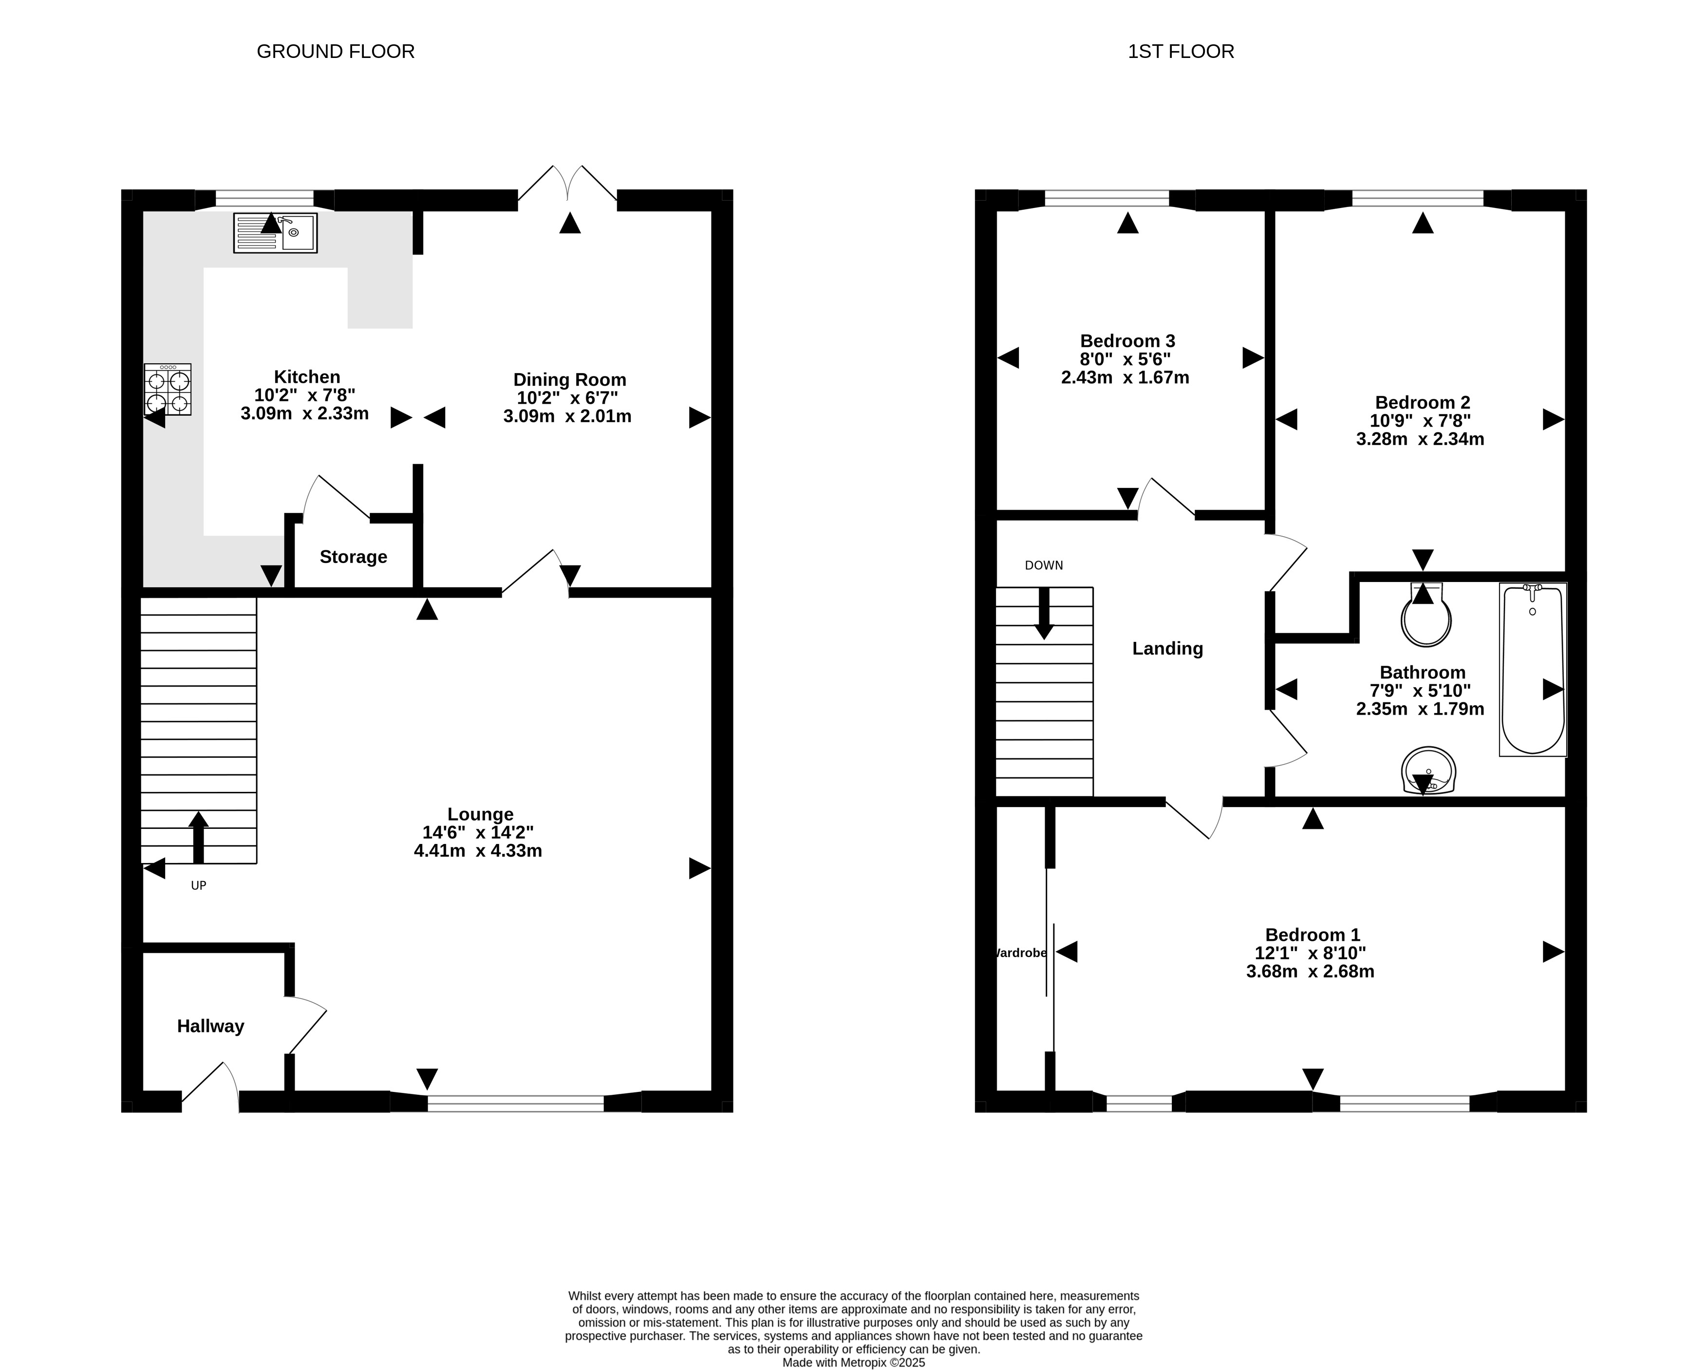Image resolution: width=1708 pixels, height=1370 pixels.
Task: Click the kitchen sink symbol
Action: (x=276, y=233)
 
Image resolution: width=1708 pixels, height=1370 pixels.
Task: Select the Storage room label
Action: (x=353, y=557)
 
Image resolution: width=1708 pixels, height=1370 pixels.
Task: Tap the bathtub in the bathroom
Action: (x=1533, y=670)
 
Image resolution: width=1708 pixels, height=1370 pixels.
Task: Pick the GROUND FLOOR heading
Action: (x=336, y=52)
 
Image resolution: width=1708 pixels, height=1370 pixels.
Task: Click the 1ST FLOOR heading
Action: (x=1181, y=52)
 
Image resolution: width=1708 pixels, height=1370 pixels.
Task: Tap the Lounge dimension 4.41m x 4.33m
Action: (x=478, y=851)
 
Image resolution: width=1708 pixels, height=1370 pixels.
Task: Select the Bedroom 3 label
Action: (x=1127, y=341)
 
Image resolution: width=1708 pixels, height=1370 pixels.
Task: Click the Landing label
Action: (x=1168, y=649)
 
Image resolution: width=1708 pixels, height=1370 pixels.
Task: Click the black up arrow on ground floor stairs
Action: (x=198, y=838)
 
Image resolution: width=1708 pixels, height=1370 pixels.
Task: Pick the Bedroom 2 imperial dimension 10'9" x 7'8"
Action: (x=1421, y=421)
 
